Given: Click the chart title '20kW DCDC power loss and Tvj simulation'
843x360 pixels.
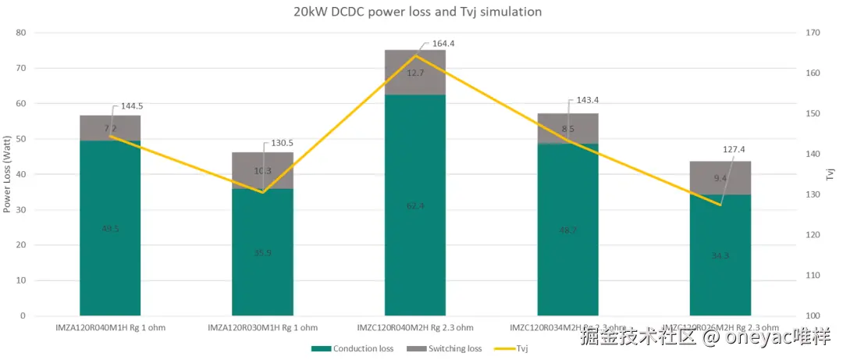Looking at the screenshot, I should click(x=417, y=12).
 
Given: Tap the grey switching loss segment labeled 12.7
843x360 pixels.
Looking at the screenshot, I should click(x=415, y=73).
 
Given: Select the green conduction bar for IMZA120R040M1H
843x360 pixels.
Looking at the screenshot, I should click(x=110, y=228).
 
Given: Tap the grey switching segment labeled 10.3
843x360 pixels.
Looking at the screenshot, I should click(x=262, y=171).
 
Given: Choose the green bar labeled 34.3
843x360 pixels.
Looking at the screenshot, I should click(x=720, y=255).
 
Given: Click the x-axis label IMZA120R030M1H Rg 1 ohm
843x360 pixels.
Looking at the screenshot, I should click(x=262, y=327).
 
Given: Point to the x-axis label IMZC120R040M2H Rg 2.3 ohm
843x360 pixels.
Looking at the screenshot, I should click(x=415, y=327).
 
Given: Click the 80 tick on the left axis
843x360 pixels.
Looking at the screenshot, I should click(x=21, y=33).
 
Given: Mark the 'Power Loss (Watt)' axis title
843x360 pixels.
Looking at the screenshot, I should click(x=7, y=174).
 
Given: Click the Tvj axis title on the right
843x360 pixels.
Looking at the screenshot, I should click(x=831, y=173).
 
